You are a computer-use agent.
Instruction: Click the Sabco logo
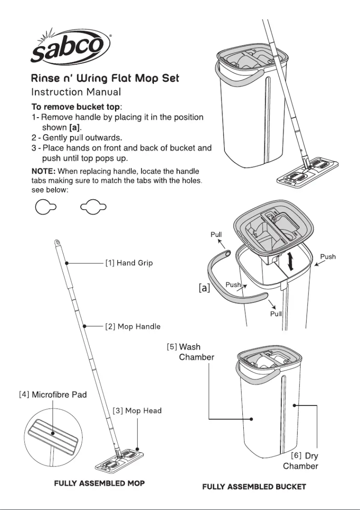pyautogui.click(x=69, y=47)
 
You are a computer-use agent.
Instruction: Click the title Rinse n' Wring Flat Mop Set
pyautogui.click(x=105, y=78)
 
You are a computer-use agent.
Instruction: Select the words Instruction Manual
pyautogui.click(x=76, y=92)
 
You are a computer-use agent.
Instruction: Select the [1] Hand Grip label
pyautogui.click(x=129, y=263)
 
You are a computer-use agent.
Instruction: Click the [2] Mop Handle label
pyautogui.click(x=132, y=326)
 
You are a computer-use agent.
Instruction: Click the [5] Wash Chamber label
pyautogui.click(x=190, y=352)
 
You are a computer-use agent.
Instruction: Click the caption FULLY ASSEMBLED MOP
pyautogui.click(x=99, y=484)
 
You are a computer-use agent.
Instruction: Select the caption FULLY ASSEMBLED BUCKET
pyautogui.click(x=254, y=487)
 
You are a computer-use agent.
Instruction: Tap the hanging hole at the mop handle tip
pyautogui.click(x=57, y=242)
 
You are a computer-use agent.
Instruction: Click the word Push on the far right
pyautogui.click(x=328, y=257)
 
